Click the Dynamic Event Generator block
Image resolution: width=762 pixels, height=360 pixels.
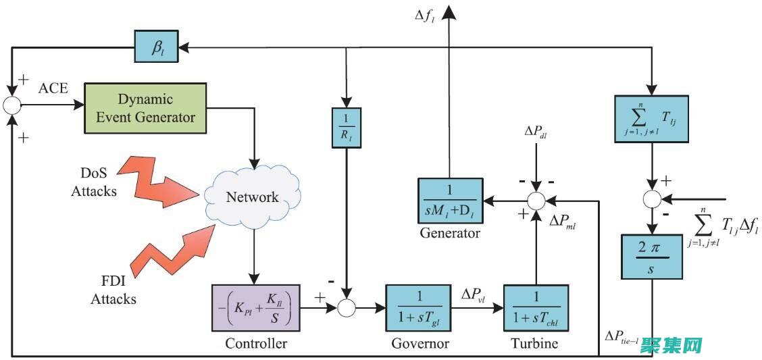point(145,107)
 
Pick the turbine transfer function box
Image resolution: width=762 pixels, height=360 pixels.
point(536,308)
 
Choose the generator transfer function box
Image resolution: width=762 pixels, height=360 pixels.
point(450,201)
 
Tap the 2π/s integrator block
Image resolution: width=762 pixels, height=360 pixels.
point(653,257)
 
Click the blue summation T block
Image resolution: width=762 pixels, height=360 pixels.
point(651,118)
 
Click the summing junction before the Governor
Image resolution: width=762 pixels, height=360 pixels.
point(347,308)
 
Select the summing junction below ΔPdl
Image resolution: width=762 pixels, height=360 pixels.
point(536,200)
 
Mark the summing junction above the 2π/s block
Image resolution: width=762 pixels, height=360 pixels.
point(652,199)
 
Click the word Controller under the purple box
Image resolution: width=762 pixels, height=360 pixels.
point(256,343)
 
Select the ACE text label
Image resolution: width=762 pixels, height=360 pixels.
point(53,88)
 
